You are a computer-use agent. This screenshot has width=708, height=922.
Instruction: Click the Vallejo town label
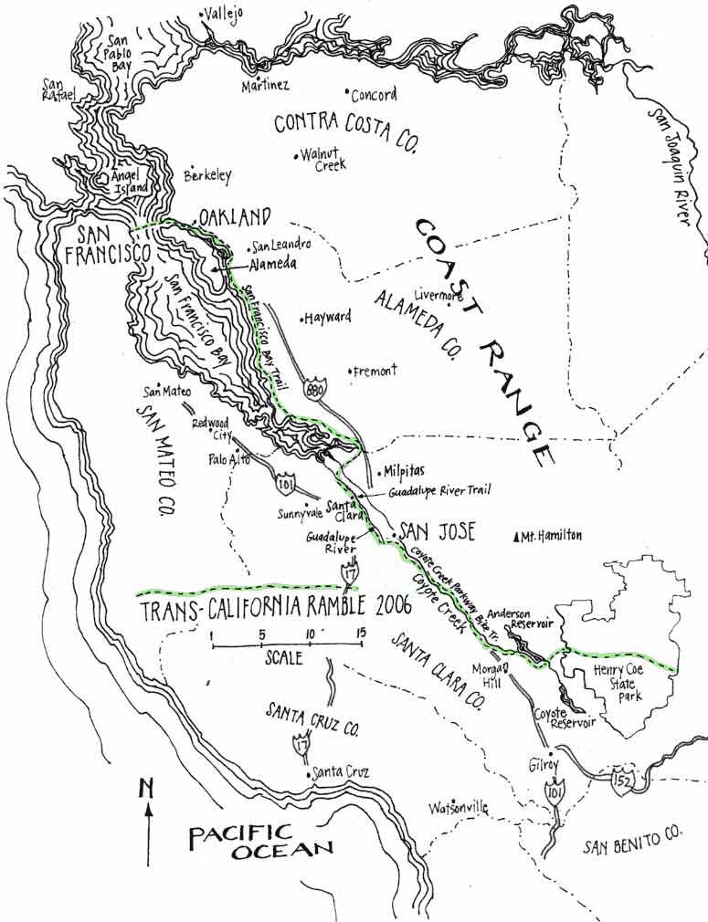226,16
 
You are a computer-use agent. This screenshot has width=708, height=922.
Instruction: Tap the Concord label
375,95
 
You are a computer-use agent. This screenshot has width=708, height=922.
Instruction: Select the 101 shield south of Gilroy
555,790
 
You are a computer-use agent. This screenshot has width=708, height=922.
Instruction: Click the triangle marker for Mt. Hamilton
518,536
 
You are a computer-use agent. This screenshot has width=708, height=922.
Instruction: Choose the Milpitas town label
399,473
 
